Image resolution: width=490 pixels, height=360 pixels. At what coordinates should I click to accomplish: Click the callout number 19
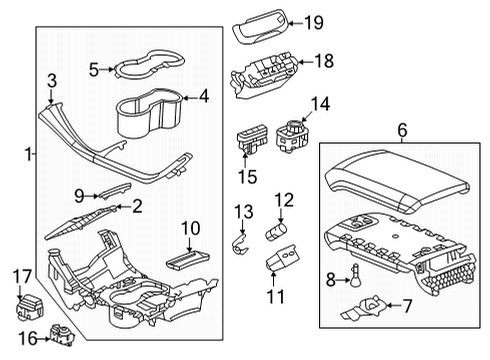(x=314, y=22)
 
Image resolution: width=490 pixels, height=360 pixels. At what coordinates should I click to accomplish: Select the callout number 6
(x=402, y=130)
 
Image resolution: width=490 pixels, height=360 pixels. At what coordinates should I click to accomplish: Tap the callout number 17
(x=22, y=276)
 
